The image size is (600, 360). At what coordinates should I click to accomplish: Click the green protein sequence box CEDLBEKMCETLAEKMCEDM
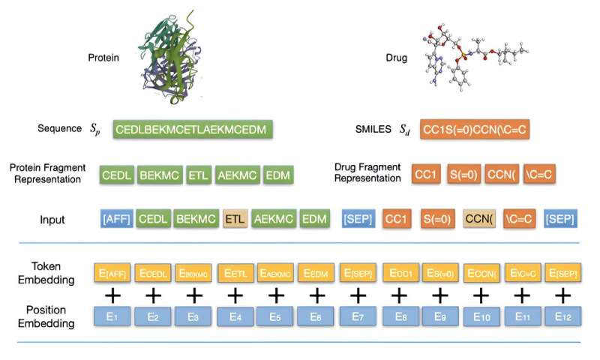193,129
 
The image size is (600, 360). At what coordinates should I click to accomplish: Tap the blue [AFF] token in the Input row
117,220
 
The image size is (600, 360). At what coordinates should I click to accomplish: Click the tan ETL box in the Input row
235,220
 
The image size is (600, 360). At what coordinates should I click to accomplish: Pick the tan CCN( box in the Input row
481,220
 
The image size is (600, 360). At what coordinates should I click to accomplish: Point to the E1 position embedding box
112,317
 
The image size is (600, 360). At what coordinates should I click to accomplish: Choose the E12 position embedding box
562,317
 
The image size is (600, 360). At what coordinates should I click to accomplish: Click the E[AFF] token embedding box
112,272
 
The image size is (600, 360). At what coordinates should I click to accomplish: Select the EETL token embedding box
235,272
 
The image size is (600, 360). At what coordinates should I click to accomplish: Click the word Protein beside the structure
103,58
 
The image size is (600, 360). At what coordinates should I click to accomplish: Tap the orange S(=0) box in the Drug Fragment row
464,175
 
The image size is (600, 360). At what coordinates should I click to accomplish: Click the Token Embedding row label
48,272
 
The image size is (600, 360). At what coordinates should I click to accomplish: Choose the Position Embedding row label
48,317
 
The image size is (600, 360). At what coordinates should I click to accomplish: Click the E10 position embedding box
481,317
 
